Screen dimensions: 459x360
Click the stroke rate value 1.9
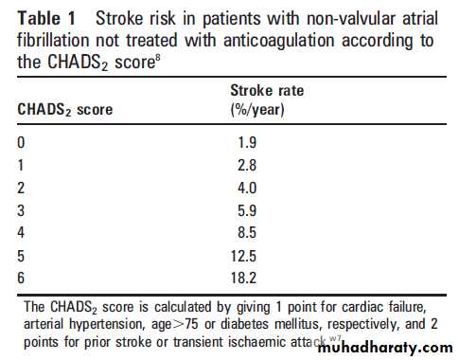coord(247,143)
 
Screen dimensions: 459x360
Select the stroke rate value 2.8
coord(247,165)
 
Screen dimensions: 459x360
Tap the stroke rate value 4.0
coord(247,188)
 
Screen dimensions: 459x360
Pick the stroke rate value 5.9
coord(247,210)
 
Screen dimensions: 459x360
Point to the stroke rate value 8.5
coord(247,233)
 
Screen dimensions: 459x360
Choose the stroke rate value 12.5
coord(243,256)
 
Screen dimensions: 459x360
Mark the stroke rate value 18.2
coord(243,278)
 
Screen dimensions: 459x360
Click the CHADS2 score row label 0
coord(21,143)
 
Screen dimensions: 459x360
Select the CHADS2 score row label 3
coord(21,210)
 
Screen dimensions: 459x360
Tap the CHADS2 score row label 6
coord(21,278)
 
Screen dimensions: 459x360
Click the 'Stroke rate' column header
coord(267,91)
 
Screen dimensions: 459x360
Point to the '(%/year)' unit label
coord(257,110)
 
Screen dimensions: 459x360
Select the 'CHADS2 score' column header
coord(65,110)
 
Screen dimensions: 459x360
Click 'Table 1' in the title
coord(46,18)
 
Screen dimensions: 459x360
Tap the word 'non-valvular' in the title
coord(350,18)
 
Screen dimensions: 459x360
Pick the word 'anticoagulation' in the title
coord(279,41)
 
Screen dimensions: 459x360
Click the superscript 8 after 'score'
coord(158,59)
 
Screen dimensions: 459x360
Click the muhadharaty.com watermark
coord(385,348)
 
